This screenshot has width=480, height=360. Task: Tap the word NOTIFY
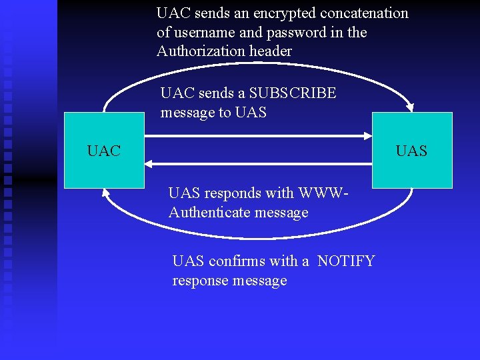[x=346, y=261]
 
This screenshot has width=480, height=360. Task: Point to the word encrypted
[x=285, y=13]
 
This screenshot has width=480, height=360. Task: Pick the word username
[x=205, y=33]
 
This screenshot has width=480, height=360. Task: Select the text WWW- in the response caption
[x=325, y=194]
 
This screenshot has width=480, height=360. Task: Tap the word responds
[x=232, y=194]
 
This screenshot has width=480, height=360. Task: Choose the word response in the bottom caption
[x=201, y=281]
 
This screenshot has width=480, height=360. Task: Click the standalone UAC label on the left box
[x=103, y=151]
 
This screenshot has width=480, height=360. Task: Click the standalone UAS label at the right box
[x=411, y=151]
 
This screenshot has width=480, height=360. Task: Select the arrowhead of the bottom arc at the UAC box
[x=106, y=192]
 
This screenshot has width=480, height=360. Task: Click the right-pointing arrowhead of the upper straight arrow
[x=367, y=137]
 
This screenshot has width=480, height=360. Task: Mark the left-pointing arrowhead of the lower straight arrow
[x=149, y=163]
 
